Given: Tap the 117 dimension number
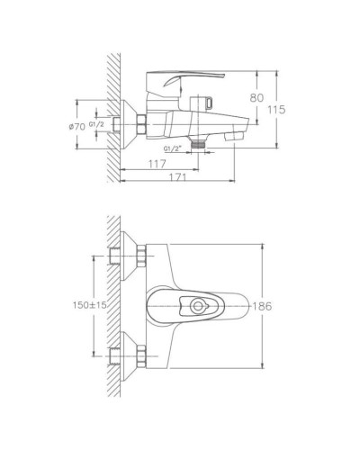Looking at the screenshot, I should tap(159, 163).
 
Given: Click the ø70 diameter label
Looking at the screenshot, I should tap(76, 128).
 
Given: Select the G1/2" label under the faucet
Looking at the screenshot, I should tap(173, 148).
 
